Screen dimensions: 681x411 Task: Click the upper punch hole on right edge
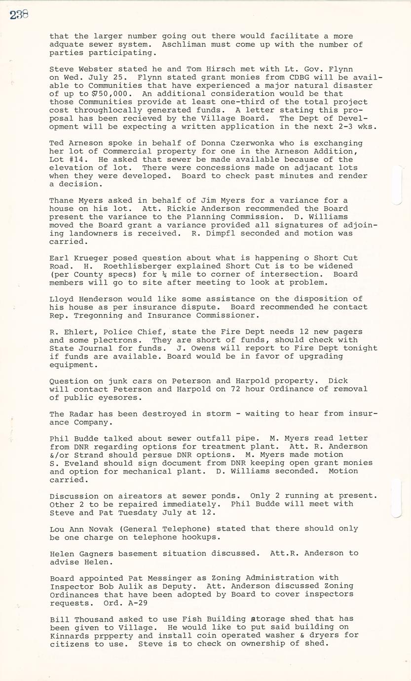(x=397, y=185)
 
